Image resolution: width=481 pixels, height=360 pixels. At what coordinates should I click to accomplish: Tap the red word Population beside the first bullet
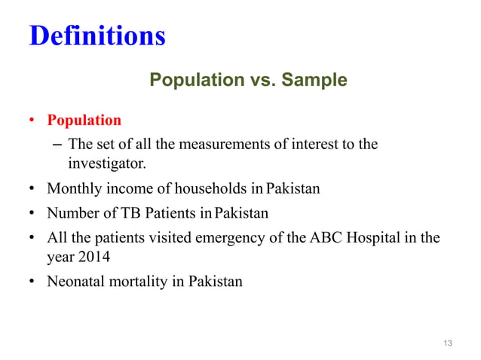pyautogui.click(x=84, y=121)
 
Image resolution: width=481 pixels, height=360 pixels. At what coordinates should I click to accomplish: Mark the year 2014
pyautogui.click(x=95, y=257)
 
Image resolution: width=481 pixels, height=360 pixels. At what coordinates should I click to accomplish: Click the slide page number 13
pyautogui.click(x=448, y=344)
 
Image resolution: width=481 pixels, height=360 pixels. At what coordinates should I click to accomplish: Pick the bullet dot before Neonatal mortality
pyautogui.click(x=33, y=283)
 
